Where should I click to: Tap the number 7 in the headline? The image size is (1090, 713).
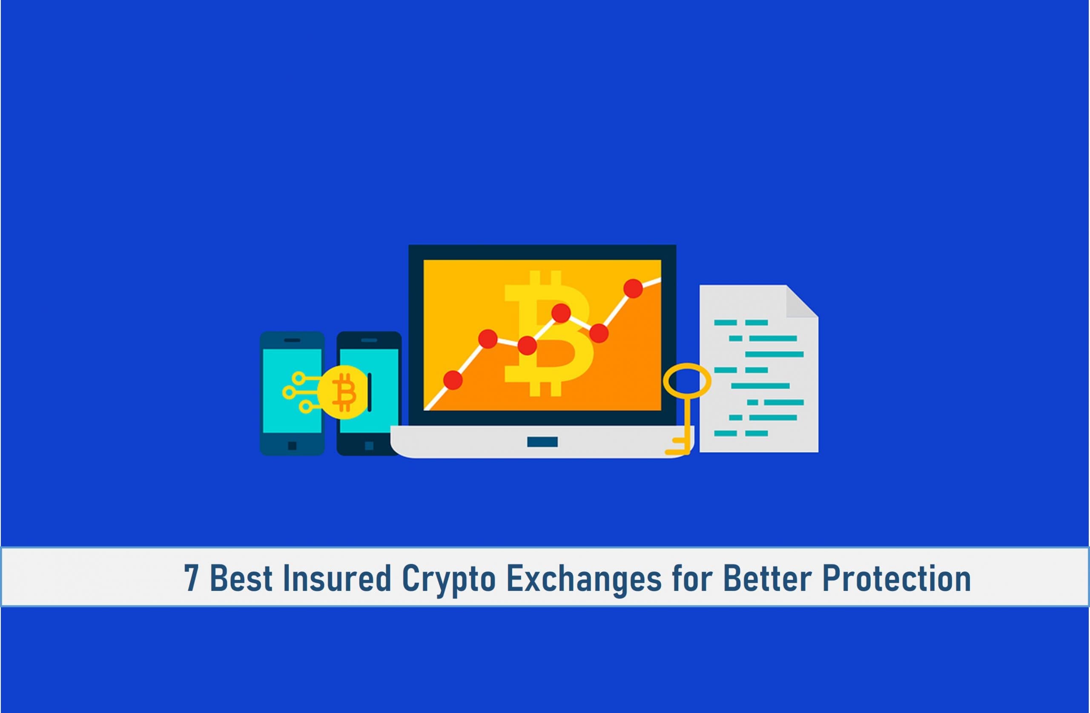[x=192, y=578]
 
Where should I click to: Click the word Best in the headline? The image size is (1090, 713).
[x=241, y=578]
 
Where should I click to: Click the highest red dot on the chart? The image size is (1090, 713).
[x=633, y=289]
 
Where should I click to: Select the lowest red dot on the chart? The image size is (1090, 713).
[x=453, y=380]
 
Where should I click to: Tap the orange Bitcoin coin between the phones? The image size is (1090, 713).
[x=343, y=392]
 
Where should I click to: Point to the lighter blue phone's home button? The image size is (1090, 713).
[x=292, y=446]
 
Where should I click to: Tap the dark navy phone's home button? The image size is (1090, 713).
[x=369, y=446]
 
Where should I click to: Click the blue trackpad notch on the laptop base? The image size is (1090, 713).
[x=542, y=442]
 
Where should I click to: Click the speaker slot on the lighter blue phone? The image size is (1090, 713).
[x=292, y=340]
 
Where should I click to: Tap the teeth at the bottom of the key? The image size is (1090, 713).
[x=679, y=446]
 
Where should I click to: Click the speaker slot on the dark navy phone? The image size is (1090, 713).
[x=369, y=340]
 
